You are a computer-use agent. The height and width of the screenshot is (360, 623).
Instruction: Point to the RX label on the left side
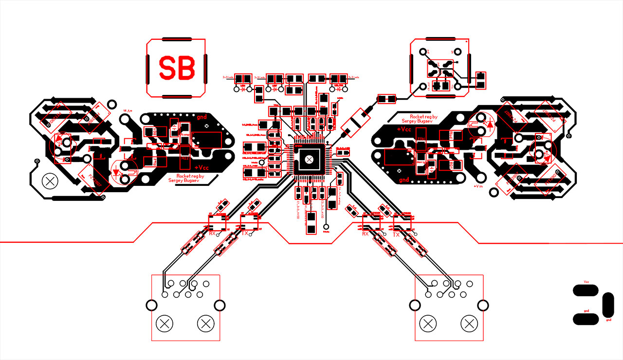(x=212, y=234)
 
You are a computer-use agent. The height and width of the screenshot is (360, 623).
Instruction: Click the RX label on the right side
(x=366, y=234)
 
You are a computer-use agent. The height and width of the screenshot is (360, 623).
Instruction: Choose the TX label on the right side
(x=396, y=235)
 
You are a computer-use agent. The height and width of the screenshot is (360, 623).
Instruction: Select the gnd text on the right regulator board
(x=404, y=180)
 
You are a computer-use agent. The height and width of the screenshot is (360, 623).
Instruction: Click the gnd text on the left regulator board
(x=202, y=117)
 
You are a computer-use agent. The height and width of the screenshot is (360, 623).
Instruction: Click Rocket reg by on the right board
(x=423, y=117)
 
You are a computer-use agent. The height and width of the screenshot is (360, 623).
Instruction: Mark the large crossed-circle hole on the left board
(x=49, y=181)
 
